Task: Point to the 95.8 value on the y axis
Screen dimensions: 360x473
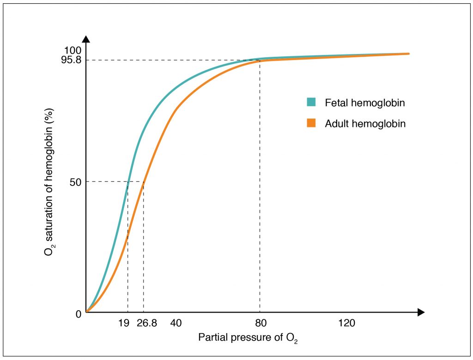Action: pos(71,60)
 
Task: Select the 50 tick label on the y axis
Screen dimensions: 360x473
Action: pos(76,182)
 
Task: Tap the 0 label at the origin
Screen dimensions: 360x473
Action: pos(79,314)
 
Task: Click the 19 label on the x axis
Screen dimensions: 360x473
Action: pos(123,324)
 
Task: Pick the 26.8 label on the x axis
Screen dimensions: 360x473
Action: pos(147,324)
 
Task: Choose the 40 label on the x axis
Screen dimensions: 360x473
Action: pos(176,324)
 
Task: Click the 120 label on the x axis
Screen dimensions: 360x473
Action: pos(346,324)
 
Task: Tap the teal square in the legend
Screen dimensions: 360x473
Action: pos(311,102)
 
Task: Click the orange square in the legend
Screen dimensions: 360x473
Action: pos(311,123)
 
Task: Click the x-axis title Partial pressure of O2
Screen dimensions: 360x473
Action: pos(248,337)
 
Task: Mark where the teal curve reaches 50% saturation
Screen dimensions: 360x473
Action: pos(127,182)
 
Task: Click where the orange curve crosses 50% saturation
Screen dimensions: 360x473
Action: pos(143,182)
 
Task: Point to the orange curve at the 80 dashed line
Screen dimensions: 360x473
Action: pos(260,61)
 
